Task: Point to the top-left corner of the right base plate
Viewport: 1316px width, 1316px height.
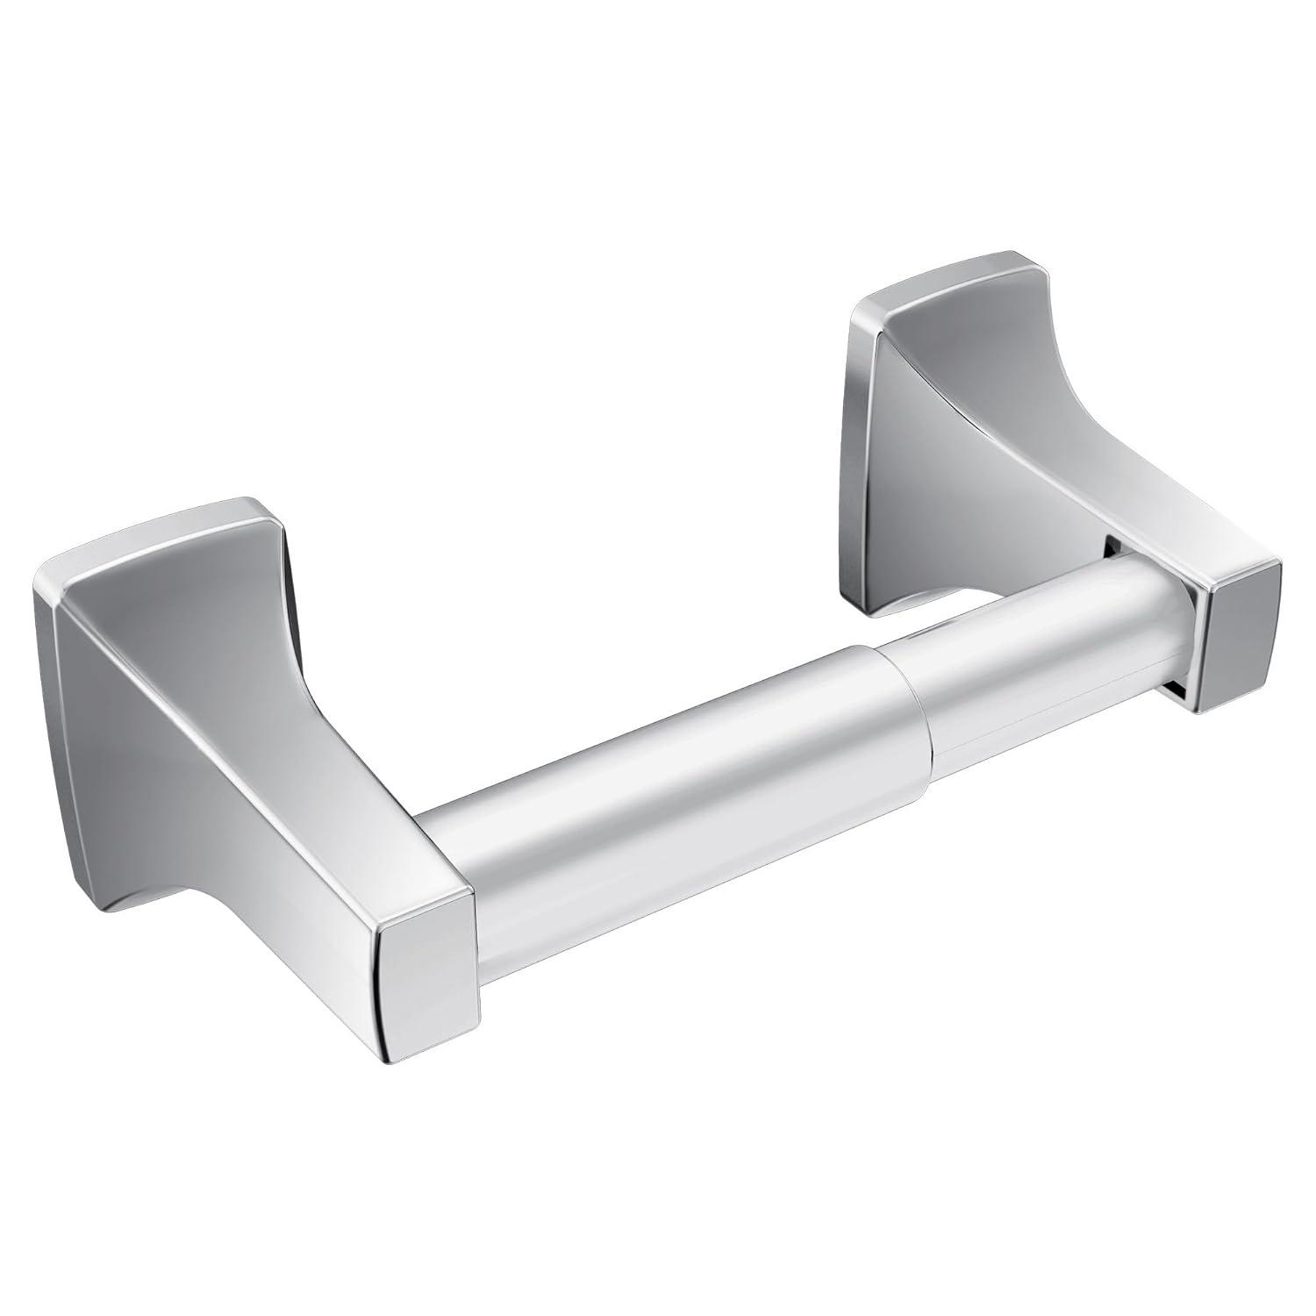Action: [855, 307]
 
